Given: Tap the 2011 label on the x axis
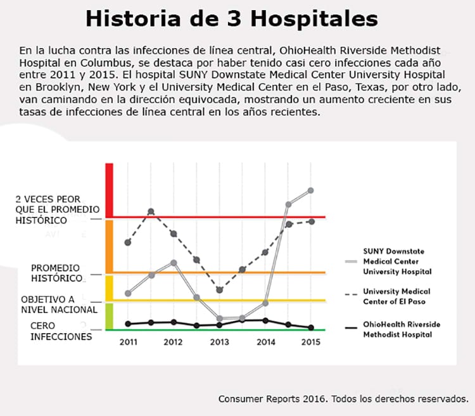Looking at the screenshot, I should (128, 343).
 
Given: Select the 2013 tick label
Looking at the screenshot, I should (219, 343).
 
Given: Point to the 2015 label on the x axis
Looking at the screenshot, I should (310, 343).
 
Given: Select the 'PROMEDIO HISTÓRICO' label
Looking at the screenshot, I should (56, 273).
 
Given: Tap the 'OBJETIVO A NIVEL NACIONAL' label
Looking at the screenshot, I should (59, 304).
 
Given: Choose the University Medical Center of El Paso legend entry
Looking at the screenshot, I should (396, 296).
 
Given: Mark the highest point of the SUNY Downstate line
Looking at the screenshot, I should (310, 191).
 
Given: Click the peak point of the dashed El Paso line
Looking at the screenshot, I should (151, 211).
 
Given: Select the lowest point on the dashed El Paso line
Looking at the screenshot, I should (219, 290).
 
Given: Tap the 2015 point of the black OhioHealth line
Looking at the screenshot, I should (310, 327).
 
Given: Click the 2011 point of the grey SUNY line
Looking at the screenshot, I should (128, 293).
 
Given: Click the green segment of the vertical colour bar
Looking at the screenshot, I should (109, 317).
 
